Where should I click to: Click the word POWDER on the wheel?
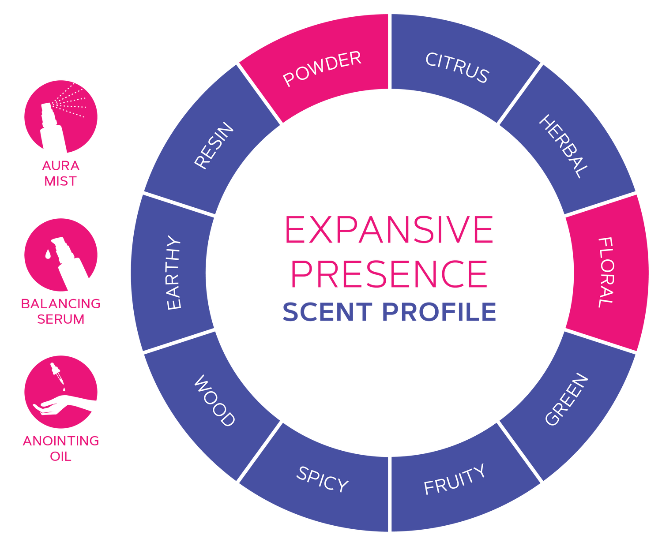click(x=322, y=69)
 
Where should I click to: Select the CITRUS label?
click(x=457, y=68)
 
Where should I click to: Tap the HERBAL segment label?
click(x=564, y=146)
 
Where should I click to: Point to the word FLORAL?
click(x=606, y=272)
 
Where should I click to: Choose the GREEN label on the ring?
click(x=567, y=400)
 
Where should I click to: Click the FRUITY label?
click(x=455, y=479)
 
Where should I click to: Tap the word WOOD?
click(x=214, y=400)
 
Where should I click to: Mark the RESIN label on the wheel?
click(x=214, y=146)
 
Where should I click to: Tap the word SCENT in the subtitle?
click(x=327, y=312)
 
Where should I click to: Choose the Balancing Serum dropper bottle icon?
click(x=60, y=254)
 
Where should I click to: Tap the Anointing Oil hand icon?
click(x=60, y=392)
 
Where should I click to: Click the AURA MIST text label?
click(x=60, y=173)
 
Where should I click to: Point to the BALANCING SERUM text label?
click(x=60, y=311)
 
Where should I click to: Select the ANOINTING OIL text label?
click(x=60, y=448)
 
